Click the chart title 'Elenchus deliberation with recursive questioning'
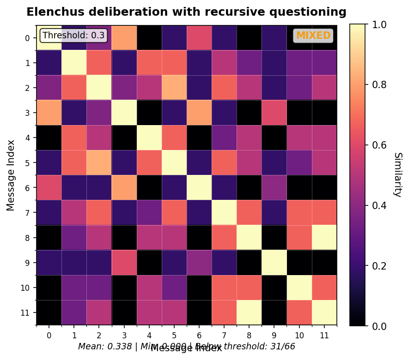pyautogui.click(x=186, y=12)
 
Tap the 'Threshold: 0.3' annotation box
pyautogui.click(x=74, y=36)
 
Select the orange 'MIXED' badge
pyautogui.click(x=313, y=36)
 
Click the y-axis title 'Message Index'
pyautogui.click(x=11, y=175)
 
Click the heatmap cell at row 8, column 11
pyautogui.click(x=324, y=238)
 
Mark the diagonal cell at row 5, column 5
pyautogui.click(x=174, y=163)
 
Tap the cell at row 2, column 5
pyautogui.click(x=174, y=88)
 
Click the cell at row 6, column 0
pyautogui.click(x=49, y=188)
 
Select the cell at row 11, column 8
pyautogui.click(x=249, y=312)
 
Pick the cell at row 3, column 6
pyautogui.click(x=199, y=113)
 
